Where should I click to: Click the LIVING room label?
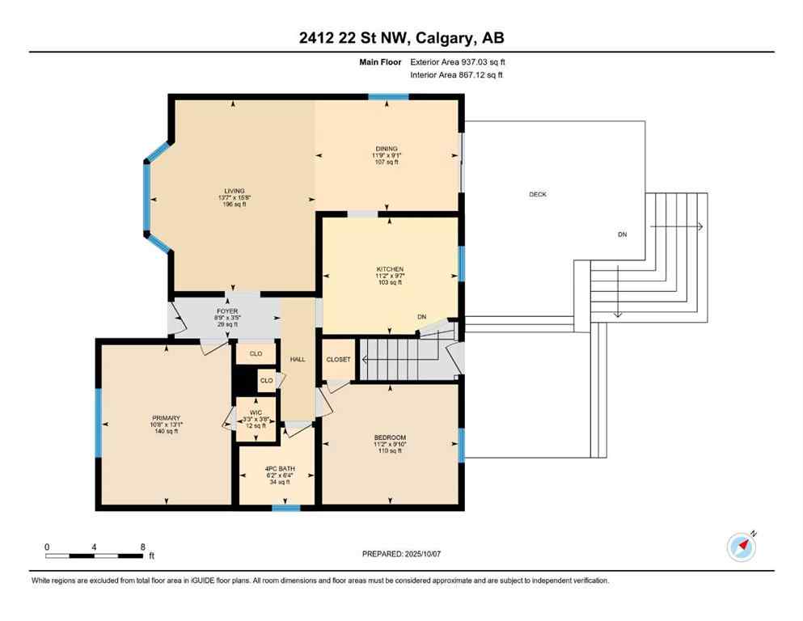235,191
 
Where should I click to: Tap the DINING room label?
386,149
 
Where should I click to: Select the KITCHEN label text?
389,269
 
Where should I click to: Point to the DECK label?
538,194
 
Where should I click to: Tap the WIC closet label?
256,412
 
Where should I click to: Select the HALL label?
298,359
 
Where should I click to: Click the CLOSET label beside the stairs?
338,359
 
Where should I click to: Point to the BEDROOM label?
390,437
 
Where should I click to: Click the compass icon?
742,547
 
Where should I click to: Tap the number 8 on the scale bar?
143,547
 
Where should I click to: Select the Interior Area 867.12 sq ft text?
457,75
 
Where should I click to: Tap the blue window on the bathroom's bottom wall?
285,508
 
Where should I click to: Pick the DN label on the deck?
622,234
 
